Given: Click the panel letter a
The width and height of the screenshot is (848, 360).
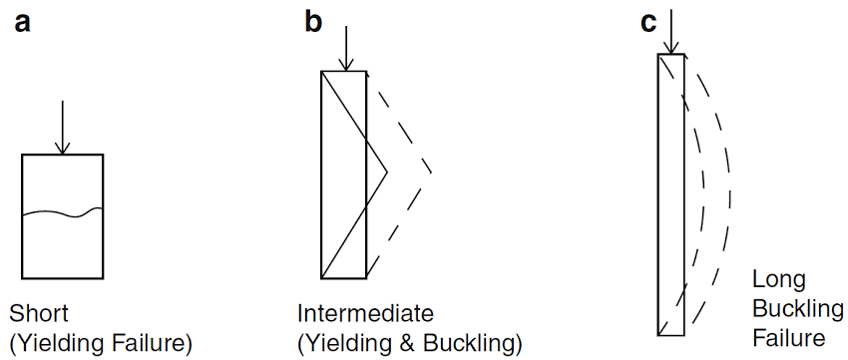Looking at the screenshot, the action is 23,22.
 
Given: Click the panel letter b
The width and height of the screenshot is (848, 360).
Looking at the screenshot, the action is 313,21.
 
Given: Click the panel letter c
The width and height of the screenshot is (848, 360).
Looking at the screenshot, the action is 648,22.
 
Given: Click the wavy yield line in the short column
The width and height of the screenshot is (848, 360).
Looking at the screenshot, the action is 62,212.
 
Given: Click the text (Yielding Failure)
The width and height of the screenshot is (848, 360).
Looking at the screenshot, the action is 99,344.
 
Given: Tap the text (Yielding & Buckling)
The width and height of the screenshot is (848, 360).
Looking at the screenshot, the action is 409,344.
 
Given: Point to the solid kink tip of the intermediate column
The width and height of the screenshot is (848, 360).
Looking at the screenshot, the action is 386,175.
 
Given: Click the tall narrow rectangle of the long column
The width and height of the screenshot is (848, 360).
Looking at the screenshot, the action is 669,194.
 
